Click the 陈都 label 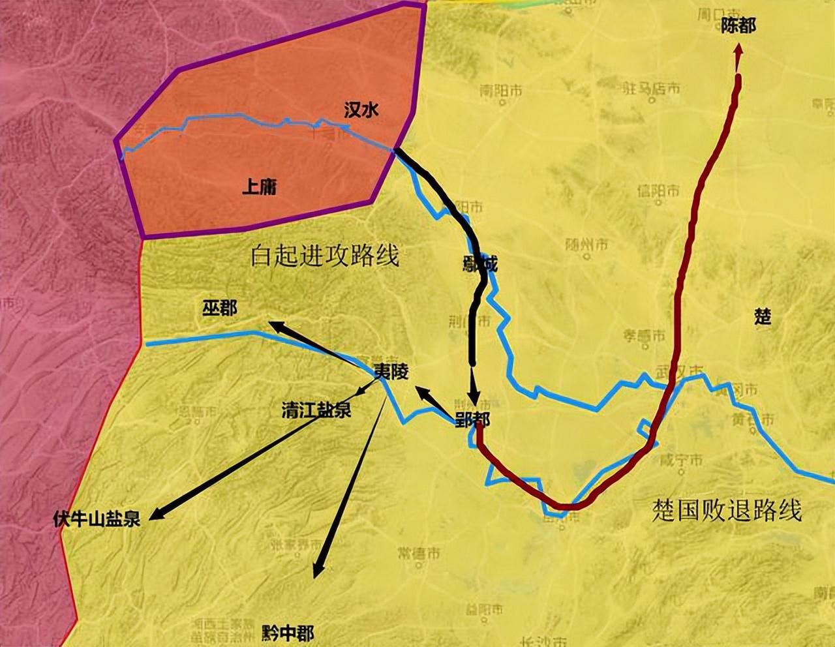pyautogui.click(x=738, y=26)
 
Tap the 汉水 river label pyautogui.click(x=361, y=110)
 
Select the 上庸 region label pyautogui.click(x=260, y=187)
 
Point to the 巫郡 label pyautogui.click(x=220, y=307)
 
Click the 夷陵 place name pyautogui.click(x=391, y=372)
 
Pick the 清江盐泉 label pyautogui.click(x=316, y=410)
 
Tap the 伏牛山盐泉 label pyautogui.click(x=97, y=520)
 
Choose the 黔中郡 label pyautogui.click(x=288, y=633)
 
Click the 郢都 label pyautogui.click(x=472, y=421)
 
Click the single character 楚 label pyautogui.click(x=763, y=317)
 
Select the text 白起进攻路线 pyautogui.click(x=325, y=256)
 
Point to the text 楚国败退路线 pyautogui.click(x=727, y=511)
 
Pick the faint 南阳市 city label pyautogui.click(x=500, y=91)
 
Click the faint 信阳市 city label pyautogui.click(x=658, y=191)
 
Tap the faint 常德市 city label pyautogui.click(x=418, y=553)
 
